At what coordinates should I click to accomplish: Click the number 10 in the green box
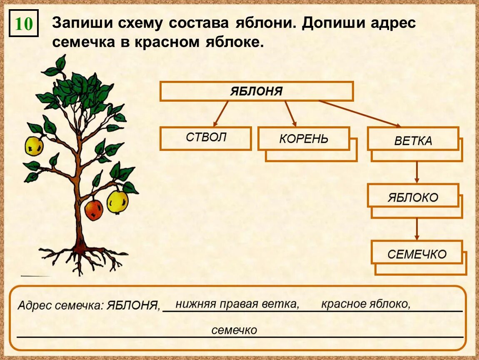[24, 24]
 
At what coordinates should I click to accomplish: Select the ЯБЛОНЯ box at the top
[256, 91]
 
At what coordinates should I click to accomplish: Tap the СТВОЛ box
[206, 138]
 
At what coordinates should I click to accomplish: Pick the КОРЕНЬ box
[304, 139]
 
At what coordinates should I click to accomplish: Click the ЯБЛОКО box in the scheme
[413, 197]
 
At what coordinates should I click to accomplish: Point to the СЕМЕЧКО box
[417, 253]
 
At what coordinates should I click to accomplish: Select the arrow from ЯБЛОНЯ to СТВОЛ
[221, 113]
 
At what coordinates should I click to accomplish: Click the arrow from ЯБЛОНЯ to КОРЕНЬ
[291, 113]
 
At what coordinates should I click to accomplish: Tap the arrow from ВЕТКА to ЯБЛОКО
[417, 172]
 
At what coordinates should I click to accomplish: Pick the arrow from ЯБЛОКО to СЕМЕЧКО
[417, 229]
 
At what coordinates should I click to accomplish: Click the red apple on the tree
[94, 210]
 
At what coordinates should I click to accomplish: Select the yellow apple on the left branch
[34, 146]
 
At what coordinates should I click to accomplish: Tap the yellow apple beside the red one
[117, 202]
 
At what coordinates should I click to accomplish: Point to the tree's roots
[81, 256]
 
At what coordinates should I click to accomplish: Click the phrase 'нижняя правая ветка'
[237, 304]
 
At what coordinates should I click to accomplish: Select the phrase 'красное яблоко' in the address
[365, 304]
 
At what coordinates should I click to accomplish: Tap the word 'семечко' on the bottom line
[234, 330]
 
